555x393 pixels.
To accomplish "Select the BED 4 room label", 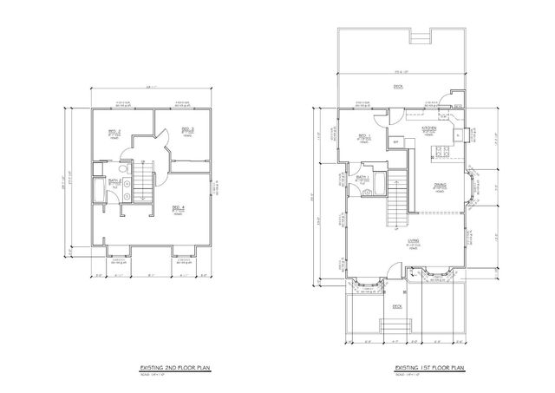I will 177,206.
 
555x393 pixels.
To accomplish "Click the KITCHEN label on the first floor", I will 428,128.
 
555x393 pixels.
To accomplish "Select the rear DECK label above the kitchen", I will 398,87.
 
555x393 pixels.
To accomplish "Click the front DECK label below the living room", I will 397,305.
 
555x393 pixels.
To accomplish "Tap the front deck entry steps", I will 397,327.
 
